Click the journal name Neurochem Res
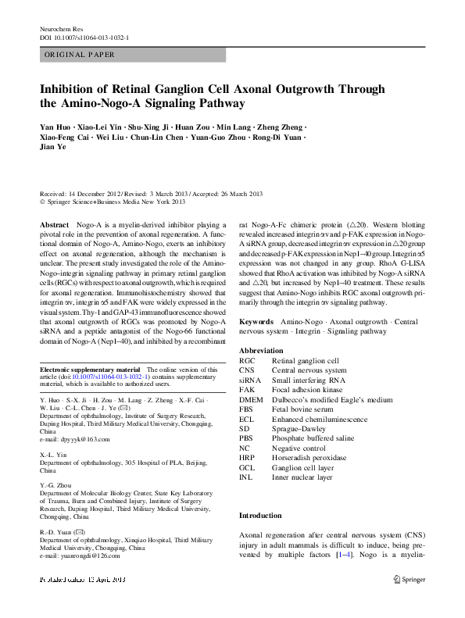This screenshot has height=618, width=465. [60, 28]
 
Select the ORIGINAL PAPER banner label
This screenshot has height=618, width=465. [80, 55]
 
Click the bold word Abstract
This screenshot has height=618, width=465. [53, 224]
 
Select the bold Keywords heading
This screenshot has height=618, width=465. [256, 322]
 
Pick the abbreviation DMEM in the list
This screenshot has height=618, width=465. [252, 399]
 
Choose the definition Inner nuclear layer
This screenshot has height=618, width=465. [313, 477]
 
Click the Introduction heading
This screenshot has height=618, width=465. [260, 516]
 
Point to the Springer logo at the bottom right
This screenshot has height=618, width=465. [411, 580]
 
